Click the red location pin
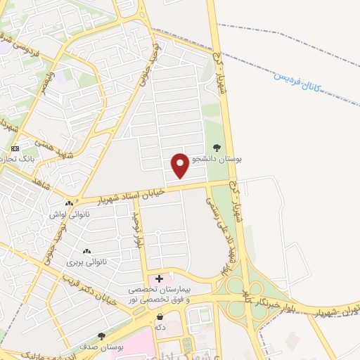coord(180,165)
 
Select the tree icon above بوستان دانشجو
coord(216,148)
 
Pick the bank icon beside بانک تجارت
coord(15,149)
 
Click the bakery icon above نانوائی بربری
coord(86,252)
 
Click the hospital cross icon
coord(160,279)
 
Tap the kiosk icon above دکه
coord(160,317)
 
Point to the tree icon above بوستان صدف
coord(102,336)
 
